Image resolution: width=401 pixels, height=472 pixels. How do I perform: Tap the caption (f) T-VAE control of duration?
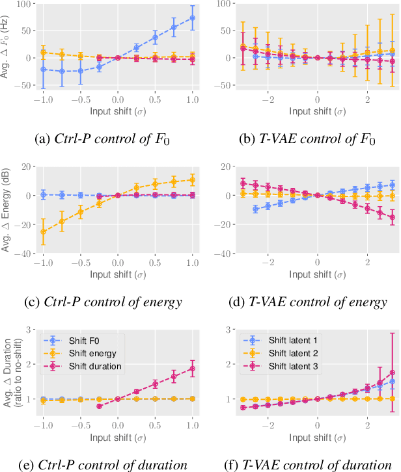305,464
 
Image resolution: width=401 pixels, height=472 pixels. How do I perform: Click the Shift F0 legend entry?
79,339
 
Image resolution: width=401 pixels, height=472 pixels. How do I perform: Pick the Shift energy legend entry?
85,354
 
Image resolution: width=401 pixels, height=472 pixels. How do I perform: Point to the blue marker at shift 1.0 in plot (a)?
193,18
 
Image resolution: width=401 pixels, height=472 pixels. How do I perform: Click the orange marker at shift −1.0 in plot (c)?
43,231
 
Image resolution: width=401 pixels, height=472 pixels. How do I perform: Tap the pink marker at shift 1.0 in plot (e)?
193,369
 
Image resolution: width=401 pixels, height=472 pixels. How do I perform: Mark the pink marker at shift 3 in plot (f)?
392,373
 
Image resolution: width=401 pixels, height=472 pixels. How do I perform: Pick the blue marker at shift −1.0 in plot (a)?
43,69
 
